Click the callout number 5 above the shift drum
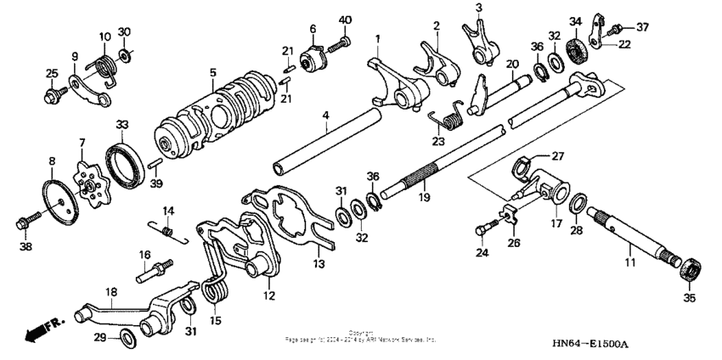pos(212,74)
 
